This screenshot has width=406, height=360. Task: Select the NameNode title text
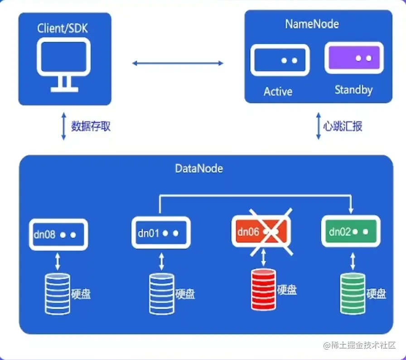click(x=312, y=24)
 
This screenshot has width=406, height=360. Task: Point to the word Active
click(x=278, y=91)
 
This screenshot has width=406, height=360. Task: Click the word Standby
click(x=353, y=89)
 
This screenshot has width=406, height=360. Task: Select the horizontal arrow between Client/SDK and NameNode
click(x=178, y=63)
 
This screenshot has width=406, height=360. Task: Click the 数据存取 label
click(x=91, y=126)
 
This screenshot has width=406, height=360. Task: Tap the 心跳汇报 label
click(x=343, y=126)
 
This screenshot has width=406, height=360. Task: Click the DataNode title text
click(x=199, y=168)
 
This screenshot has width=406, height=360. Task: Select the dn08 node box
click(x=58, y=234)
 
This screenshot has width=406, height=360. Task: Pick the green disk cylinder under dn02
click(x=353, y=293)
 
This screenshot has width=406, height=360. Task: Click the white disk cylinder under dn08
click(x=57, y=293)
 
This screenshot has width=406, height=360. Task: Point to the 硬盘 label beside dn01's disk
click(x=185, y=293)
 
